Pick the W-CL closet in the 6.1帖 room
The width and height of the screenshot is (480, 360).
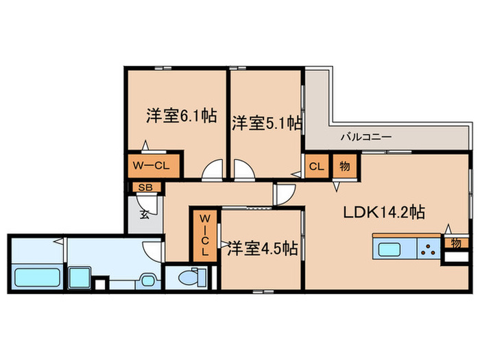coord(152,165)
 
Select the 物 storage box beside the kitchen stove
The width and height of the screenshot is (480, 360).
coord(455,242)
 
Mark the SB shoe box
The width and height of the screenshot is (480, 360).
coord(145,187)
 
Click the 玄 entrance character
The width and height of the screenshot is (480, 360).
coord(145,214)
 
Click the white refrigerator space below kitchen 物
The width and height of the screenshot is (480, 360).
coord(455,259)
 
